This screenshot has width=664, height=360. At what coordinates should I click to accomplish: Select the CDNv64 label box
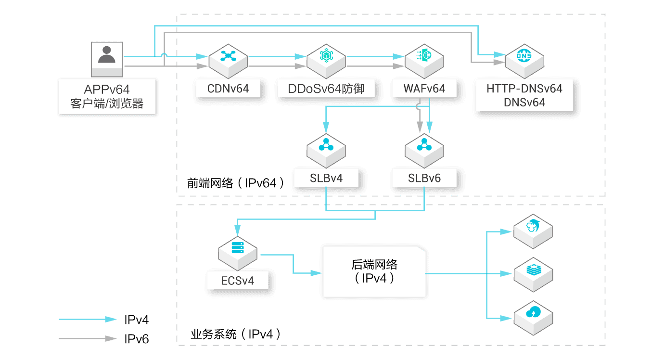click(228, 89)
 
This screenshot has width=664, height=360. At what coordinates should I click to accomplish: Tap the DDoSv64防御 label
click(326, 89)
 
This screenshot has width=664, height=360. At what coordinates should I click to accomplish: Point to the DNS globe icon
click(524, 56)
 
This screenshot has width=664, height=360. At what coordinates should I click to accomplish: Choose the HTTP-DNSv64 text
click(524, 89)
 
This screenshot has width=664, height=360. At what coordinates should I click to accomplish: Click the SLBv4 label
click(326, 178)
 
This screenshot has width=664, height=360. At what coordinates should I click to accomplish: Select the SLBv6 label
click(424, 178)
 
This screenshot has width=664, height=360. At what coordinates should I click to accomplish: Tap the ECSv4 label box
click(238, 280)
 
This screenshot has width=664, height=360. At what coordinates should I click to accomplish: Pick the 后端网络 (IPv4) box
click(374, 271)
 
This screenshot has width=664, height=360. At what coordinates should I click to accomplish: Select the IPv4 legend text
click(136, 319)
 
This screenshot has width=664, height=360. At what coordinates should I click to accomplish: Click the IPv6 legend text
click(136, 339)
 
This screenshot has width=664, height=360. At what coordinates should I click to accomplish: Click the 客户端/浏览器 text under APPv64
click(107, 103)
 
